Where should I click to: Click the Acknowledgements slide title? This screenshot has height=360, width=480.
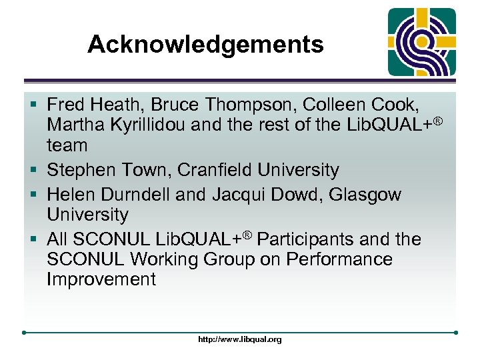click(205, 45)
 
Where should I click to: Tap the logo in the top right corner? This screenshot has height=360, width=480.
click(422, 42)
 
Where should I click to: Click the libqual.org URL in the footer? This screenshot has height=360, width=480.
click(240, 339)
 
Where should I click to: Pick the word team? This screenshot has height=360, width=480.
click(67, 145)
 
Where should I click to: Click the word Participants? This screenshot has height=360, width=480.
click(313, 239)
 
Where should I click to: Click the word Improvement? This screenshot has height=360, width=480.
click(101, 279)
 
